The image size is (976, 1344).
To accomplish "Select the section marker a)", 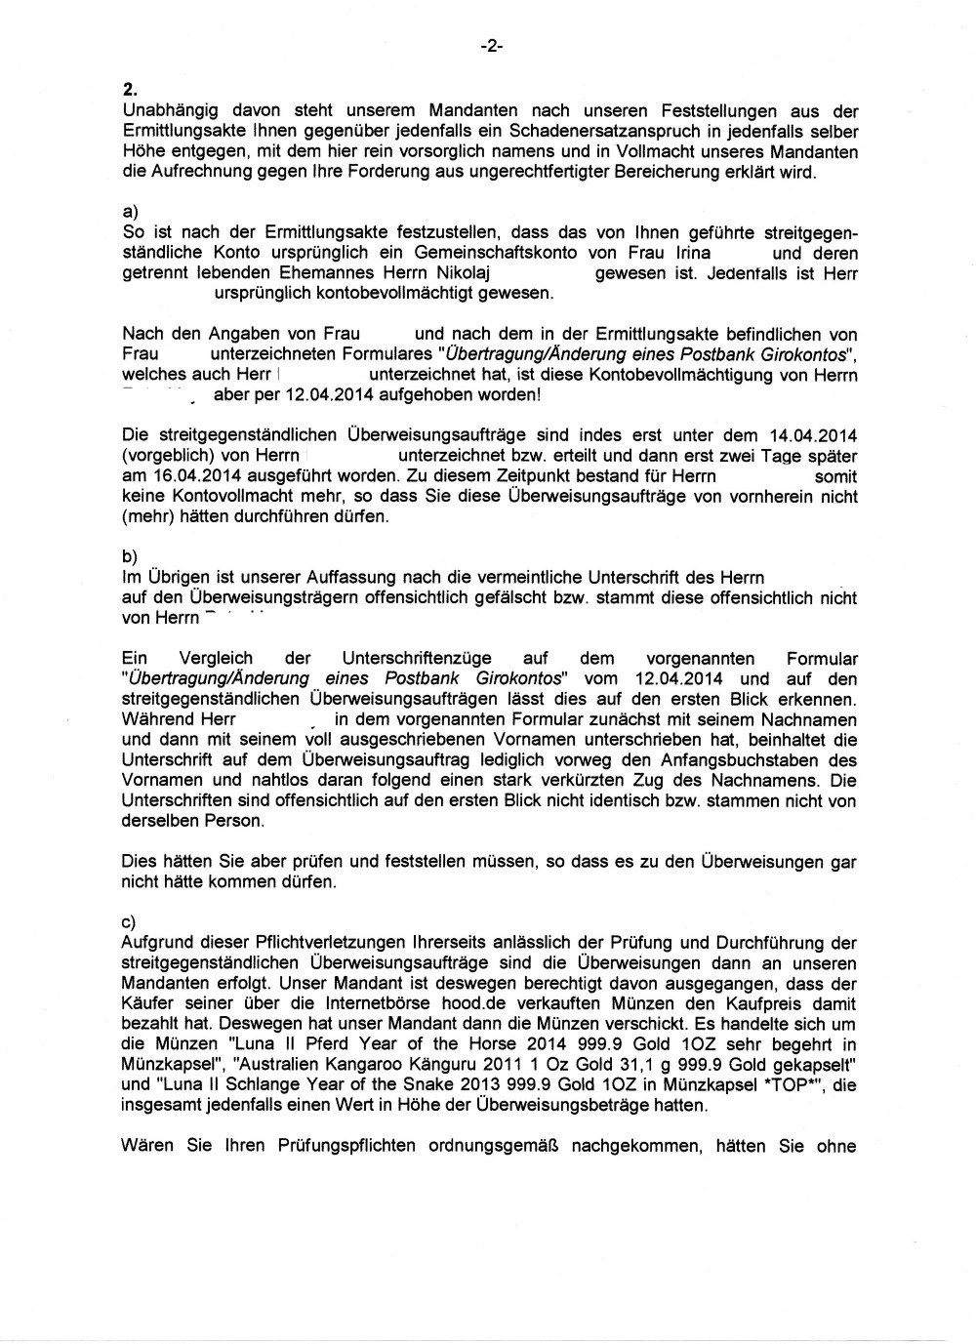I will click(x=129, y=214).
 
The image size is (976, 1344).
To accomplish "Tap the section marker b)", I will click(x=129, y=556).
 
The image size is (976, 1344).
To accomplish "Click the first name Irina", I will click(x=686, y=254).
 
